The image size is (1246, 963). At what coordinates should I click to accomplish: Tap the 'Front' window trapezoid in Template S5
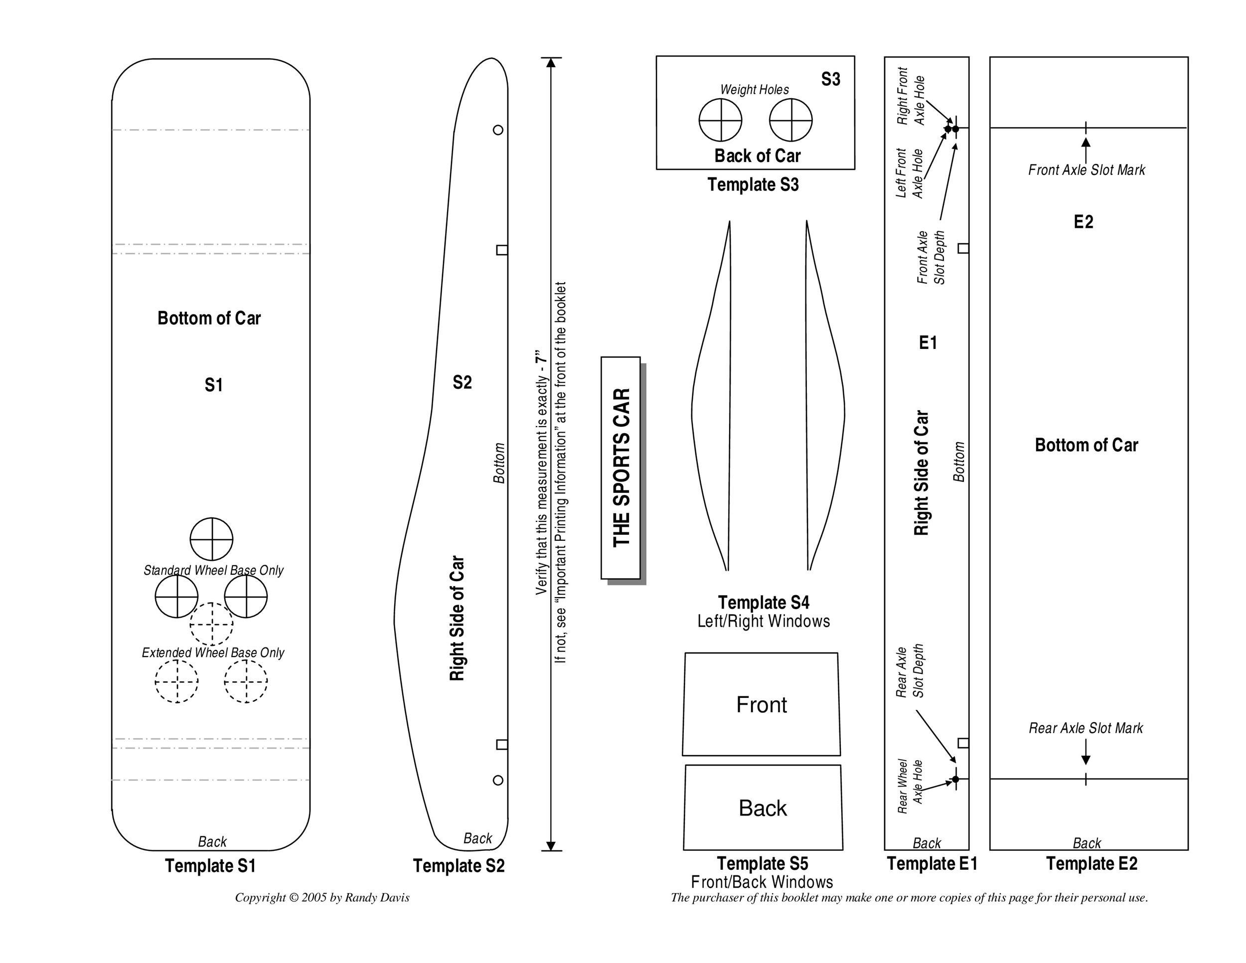point(761,705)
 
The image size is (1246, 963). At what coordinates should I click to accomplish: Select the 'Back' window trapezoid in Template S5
point(762,808)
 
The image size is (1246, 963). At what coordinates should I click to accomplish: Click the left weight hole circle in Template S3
point(721,120)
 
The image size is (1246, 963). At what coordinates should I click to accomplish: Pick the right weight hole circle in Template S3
point(791,120)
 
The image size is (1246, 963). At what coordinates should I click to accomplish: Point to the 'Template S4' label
point(764,603)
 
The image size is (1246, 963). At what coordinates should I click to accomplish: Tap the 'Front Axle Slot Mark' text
point(1086,170)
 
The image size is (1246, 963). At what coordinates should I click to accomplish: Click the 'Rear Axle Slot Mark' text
point(1086,728)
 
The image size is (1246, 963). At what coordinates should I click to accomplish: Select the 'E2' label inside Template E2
point(1084,222)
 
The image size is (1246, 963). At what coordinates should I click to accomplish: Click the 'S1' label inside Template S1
point(213,385)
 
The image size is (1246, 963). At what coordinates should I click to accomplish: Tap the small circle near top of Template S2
point(498,130)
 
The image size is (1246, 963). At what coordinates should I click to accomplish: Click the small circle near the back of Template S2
point(498,780)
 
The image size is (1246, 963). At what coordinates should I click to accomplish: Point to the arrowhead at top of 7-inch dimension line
point(551,62)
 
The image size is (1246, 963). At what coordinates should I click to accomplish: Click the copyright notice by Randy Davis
point(322,897)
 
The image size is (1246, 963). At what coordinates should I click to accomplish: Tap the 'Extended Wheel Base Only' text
point(213,652)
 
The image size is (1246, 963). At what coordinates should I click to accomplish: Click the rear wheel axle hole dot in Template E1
point(955,779)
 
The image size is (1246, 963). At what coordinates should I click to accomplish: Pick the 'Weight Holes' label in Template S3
point(754,90)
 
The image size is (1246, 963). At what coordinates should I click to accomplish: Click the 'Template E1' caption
point(932,864)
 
